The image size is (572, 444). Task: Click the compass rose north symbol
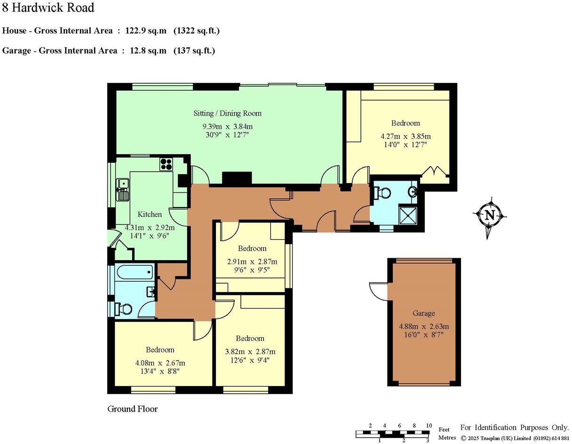(x=490, y=216)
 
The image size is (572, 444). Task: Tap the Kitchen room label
(x=150, y=214)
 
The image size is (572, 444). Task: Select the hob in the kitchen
(x=166, y=164)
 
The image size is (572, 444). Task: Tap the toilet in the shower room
(x=382, y=192)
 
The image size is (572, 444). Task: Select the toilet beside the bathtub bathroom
(x=123, y=309)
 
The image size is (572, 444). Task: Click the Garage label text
(x=423, y=313)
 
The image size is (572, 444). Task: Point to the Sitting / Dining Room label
(x=227, y=113)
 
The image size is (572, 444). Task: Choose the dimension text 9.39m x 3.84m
(x=227, y=127)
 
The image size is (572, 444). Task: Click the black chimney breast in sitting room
(x=237, y=178)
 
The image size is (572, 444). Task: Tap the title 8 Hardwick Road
(x=48, y=8)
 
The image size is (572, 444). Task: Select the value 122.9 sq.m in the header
(x=146, y=31)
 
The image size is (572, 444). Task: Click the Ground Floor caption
(x=132, y=409)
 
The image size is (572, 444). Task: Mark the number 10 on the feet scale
(x=428, y=426)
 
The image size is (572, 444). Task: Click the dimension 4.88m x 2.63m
(x=423, y=326)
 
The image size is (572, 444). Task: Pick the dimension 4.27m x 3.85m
(x=405, y=136)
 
